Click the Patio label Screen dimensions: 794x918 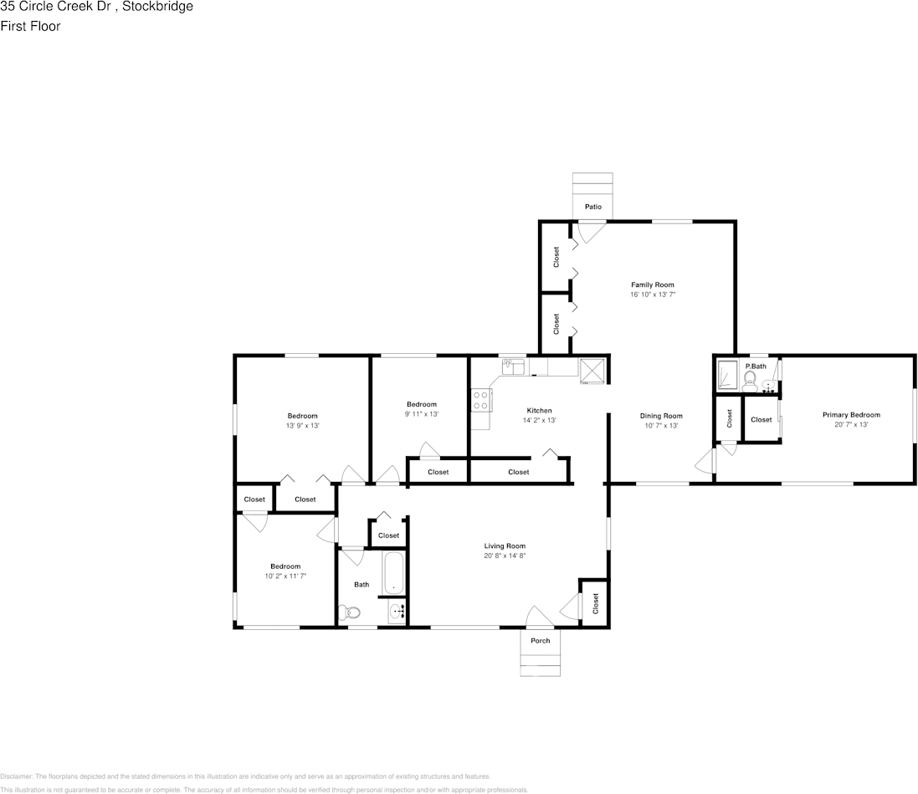click(x=592, y=207)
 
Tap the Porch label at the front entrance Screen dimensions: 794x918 click(x=541, y=641)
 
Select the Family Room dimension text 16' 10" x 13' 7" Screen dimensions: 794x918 click(x=652, y=295)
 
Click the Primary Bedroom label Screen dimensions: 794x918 click(x=851, y=415)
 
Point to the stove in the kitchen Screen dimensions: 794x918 click(x=480, y=401)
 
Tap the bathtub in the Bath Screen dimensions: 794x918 click(x=394, y=572)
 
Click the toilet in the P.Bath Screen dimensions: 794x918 click(x=750, y=382)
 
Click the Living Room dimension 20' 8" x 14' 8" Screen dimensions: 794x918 click(x=505, y=556)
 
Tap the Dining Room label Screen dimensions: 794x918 click(x=661, y=416)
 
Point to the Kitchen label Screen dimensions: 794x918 click(x=539, y=411)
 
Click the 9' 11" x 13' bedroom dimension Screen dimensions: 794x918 click(x=421, y=414)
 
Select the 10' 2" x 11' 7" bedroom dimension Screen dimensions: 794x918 click(x=285, y=576)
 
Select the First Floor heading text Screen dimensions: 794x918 click(x=31, y=26)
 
